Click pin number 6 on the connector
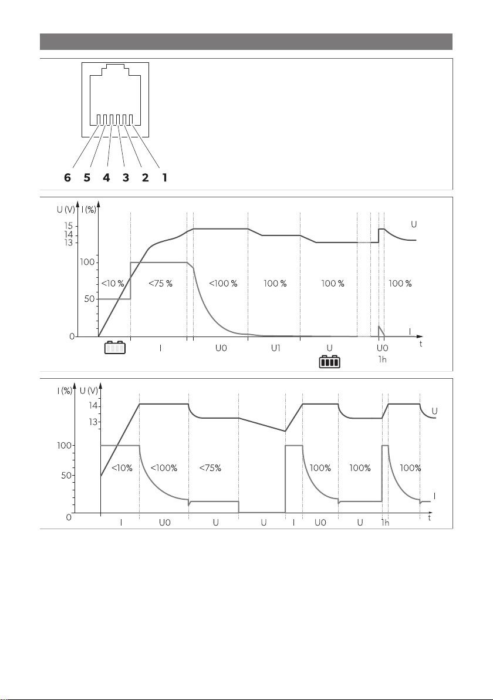[x=67, y=178]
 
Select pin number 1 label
[x=165, y=178]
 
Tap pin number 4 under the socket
[x=106, y=178]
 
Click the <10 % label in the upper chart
[x=113, y=284]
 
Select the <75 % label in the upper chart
[x=160, y=284]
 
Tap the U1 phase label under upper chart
[x=276, y=348]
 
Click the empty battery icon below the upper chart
[x=115, y=348]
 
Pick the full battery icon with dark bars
[x=330, y=362]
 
